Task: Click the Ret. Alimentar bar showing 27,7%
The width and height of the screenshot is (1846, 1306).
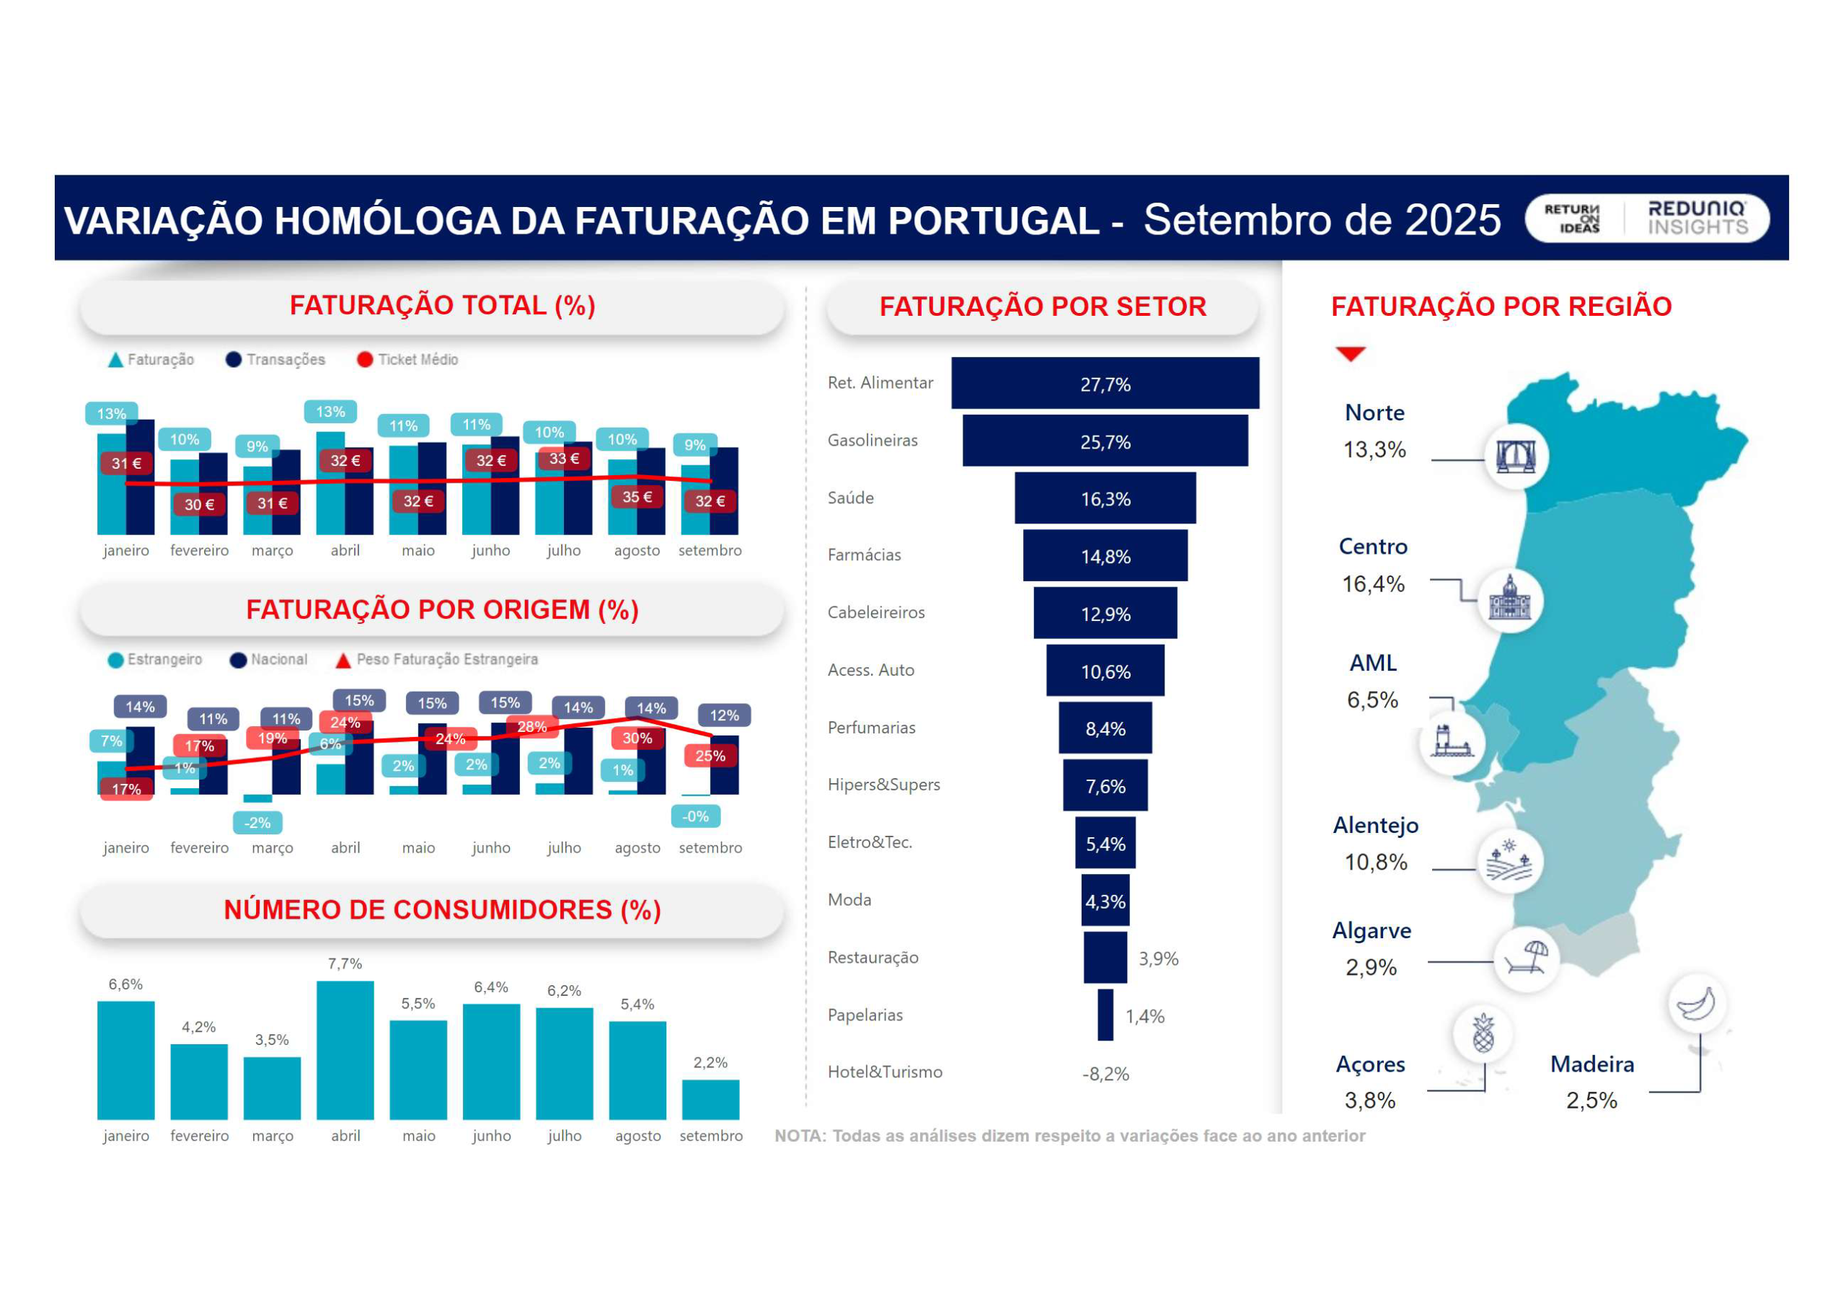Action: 1105,384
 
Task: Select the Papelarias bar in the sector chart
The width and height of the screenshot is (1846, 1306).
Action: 1105,1015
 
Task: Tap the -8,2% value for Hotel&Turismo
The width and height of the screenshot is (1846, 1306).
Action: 1105,1074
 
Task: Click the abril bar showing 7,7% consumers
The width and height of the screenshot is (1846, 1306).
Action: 345,1049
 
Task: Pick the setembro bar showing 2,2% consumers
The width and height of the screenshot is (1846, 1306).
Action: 710,1099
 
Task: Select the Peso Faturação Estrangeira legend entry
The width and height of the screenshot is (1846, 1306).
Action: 438,659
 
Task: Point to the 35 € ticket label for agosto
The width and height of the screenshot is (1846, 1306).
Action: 637,497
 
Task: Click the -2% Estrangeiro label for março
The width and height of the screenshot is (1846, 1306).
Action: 257,823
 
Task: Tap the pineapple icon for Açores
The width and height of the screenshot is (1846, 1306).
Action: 1483,1033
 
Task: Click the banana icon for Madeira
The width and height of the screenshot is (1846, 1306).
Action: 1697,1004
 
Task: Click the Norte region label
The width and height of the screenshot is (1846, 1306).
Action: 1375,412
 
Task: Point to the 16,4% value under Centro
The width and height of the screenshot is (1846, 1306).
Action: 1373,584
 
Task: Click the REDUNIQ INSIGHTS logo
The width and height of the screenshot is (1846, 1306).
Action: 1697,218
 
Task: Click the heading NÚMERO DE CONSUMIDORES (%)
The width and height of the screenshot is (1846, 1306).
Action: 442,909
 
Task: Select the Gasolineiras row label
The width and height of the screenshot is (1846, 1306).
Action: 873,441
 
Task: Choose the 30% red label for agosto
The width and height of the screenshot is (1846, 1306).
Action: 637,738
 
